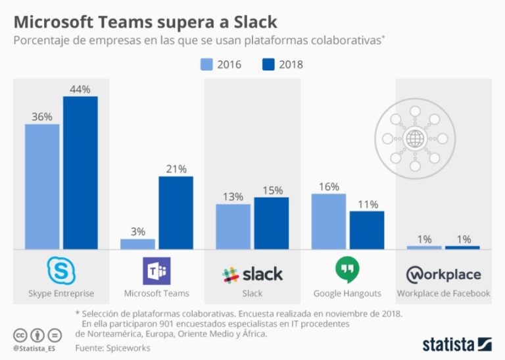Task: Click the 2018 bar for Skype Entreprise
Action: click(80, 172)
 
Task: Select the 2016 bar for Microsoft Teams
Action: click(137, 244)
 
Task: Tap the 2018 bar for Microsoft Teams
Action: click(176, 213)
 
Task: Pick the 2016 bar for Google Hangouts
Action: click(328, 221)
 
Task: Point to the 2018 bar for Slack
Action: click(271, 223)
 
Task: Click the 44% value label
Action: click(80, 89)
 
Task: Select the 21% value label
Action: click(176, 169)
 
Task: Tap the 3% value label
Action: click(137, 232)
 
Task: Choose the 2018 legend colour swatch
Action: click(268, 64)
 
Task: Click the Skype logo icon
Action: click(62, 270)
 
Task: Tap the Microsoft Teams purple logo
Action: click(156, 270)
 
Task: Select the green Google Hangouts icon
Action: click(347, 270)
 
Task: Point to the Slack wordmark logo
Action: click(252, 274)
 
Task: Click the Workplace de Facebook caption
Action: click(443, 294)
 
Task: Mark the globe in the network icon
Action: click(414, 139)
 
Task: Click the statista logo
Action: click(456, 344)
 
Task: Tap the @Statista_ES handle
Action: click(35, 347)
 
